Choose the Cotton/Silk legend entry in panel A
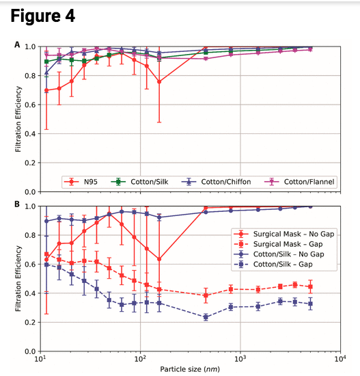[146, 182]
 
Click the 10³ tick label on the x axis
[240, 359]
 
